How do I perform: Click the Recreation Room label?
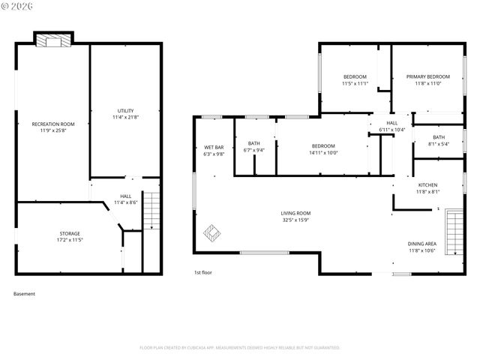(53, 124)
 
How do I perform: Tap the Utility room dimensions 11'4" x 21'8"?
(125, 117)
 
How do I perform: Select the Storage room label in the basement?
(70, 233)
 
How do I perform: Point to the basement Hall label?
(125, 197)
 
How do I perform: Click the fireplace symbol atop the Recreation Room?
(54, 40)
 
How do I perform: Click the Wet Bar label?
(214, 146)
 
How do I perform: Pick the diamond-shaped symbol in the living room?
(212, 234)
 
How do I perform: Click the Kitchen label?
(427, 184)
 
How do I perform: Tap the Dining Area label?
(422, 244)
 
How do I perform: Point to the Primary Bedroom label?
(428, 76)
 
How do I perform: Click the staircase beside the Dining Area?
(454, 232)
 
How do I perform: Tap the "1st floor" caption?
(203, 272)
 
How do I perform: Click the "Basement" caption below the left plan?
(25, 294)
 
